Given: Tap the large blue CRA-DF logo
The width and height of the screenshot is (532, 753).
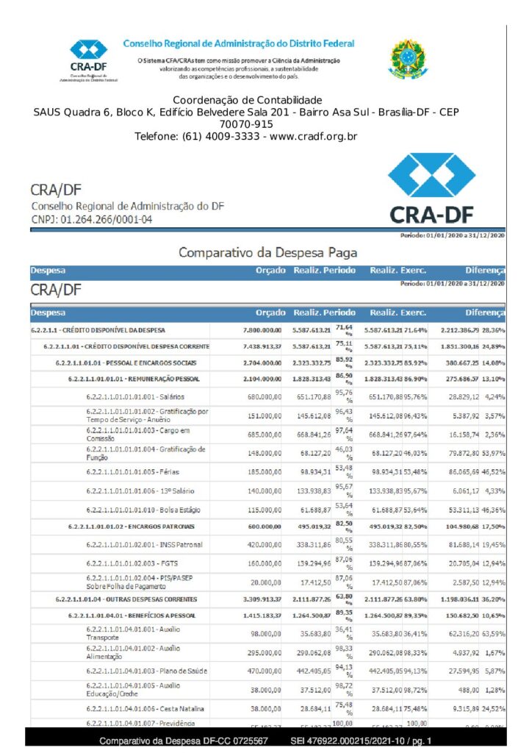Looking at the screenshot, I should coord(431,190).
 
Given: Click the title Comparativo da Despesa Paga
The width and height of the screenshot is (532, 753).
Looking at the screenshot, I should coord(267,252).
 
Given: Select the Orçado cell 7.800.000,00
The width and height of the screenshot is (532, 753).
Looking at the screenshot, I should coord(258,330).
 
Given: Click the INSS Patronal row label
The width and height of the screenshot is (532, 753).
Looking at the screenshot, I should coord(143,545).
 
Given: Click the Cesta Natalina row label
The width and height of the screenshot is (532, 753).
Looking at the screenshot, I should coord(145,708).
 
